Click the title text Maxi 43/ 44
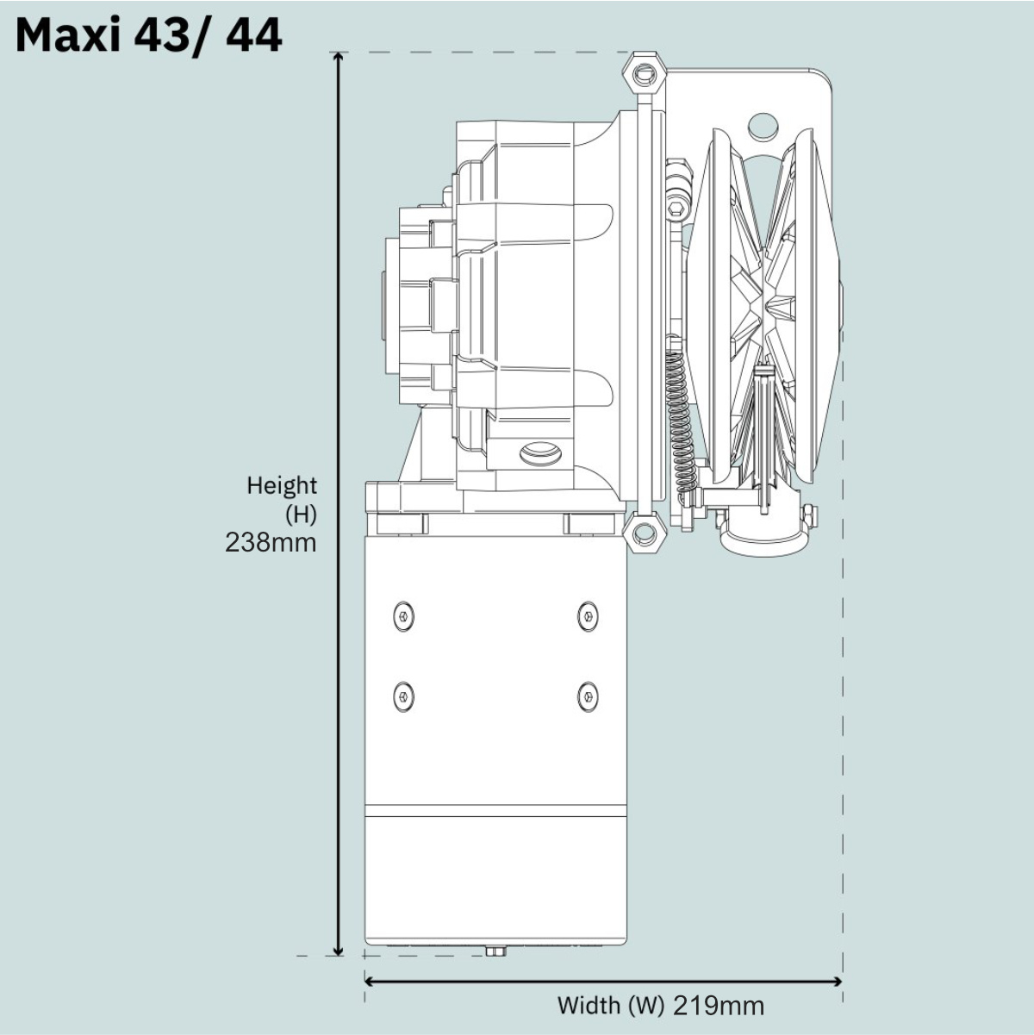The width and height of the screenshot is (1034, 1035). (x=149, y=36)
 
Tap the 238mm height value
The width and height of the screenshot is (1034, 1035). (x=271, y=542)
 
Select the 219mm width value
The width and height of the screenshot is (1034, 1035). (x=718, y=1006)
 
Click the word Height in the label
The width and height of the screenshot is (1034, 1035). (x=282, y=485)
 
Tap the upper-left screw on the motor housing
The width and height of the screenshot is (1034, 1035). (x=404, y=615)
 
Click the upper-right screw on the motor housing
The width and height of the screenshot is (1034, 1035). (x=589, y=615)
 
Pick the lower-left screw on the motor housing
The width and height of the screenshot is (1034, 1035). (x=404, y=697)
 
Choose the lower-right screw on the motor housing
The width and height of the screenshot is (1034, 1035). (x=589, y=697)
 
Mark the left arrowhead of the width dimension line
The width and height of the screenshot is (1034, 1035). (x=371, y=982)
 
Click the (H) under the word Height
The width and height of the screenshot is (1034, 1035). (x=301, y=514)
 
